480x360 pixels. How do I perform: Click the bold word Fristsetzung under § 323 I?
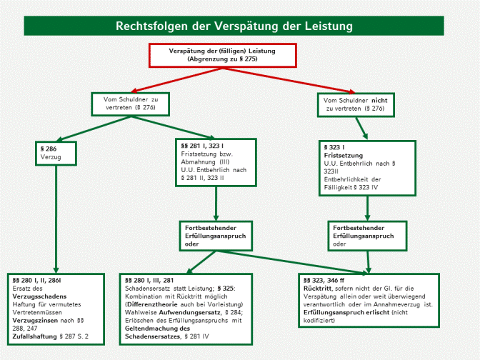[344, 155]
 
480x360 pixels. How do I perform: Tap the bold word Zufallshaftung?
[34, 334]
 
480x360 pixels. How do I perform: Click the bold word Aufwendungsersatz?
[187, 311]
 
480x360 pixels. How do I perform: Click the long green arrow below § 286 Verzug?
[54, 214]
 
